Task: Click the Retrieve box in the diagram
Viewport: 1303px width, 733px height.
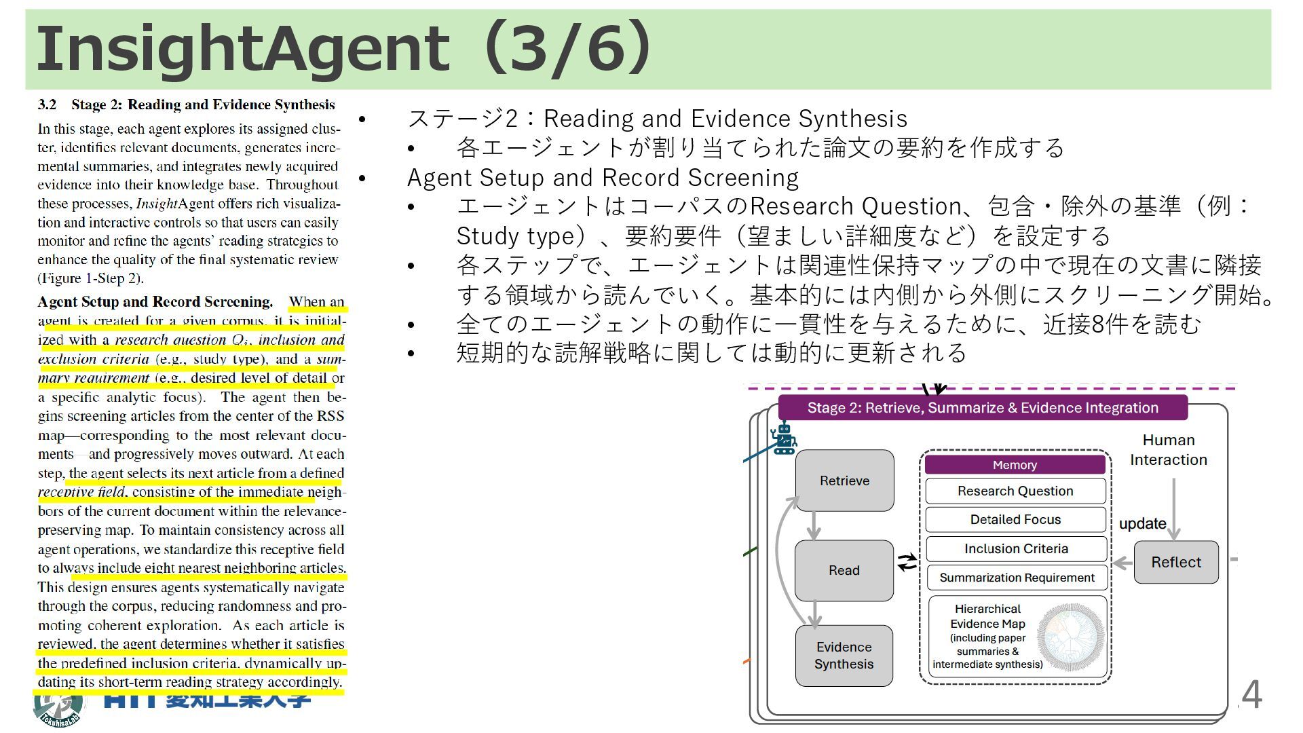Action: pos(844,481)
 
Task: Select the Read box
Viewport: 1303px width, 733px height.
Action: pos(844,570)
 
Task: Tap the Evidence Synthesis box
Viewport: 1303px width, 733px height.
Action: pos(844,655)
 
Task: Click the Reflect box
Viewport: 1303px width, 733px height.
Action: pos(1175,562)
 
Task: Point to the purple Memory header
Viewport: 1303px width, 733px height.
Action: pos(1015,465)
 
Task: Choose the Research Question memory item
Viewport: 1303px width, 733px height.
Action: pos(1015,491)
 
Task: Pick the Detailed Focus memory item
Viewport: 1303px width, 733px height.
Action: pos(1015,519)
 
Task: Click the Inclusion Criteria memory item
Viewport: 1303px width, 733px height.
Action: pos(1016,548)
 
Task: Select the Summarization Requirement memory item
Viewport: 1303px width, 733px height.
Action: pos(1017,578)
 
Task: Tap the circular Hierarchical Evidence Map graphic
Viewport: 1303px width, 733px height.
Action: pos(1071,637)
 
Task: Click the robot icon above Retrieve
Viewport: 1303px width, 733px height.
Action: pos(784,439)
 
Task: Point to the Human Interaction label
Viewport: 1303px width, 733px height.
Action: pos(1168,450)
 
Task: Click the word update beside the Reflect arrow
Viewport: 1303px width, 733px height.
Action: pos(1142,523)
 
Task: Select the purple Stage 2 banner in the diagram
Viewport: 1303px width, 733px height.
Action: pos(982,407)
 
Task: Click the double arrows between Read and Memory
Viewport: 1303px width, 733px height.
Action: pos(907,562)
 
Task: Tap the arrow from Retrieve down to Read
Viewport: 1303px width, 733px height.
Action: pos(814,525)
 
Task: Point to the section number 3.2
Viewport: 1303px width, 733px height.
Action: pos(47,105)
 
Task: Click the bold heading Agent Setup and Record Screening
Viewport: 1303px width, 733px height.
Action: pos(155,301)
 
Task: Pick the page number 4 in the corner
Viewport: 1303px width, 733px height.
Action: pos(1251,694)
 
